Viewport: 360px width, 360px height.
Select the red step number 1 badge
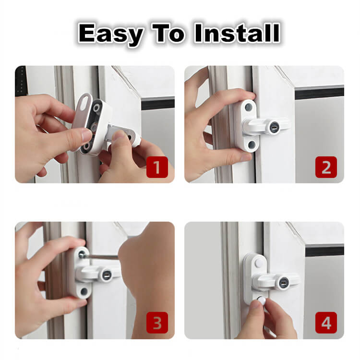[157, 167]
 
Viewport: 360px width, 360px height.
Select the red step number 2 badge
[326, 167]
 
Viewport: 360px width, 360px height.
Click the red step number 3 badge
[157, 323]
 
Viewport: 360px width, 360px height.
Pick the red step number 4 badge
[326, 323]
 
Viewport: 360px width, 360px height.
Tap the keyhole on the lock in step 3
[106, 274]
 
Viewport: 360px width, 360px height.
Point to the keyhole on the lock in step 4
[283, 282]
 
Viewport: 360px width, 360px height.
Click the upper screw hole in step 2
[249, 107]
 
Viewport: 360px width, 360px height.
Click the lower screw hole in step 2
[252, 144]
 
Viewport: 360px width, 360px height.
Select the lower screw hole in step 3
[84, 291]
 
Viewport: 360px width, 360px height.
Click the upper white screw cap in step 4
[259, 262]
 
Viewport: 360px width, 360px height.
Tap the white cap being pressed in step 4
[261, 300]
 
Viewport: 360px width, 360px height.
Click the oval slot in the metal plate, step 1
[84, 100]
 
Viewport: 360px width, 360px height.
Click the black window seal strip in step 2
[319, 93]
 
